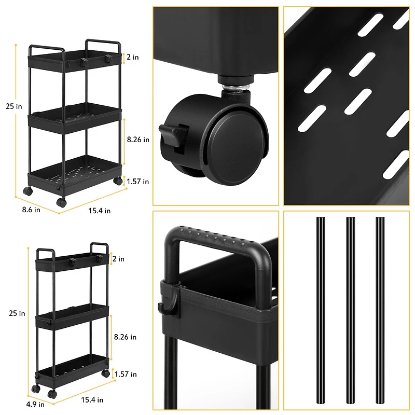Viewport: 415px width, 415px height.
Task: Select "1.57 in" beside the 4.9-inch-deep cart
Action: [127, 374]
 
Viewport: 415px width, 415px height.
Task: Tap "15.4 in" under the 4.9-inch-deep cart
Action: [92, 399]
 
